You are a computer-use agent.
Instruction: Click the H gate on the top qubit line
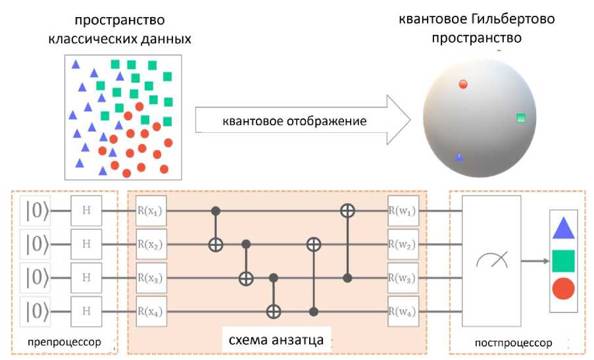tap(87, 211)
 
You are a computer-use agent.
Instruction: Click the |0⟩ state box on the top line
tap(36, 211)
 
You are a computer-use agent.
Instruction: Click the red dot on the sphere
tap(463, 84)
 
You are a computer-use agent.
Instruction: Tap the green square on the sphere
tap(521, 118)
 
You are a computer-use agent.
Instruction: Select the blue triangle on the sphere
tap(459, 157)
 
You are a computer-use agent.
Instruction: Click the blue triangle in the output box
tap(564, 228)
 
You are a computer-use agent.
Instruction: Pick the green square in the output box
tap(564, 260)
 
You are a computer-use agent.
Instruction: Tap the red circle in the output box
tap(564, 288)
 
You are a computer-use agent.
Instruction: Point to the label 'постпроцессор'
tap(512, 343)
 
